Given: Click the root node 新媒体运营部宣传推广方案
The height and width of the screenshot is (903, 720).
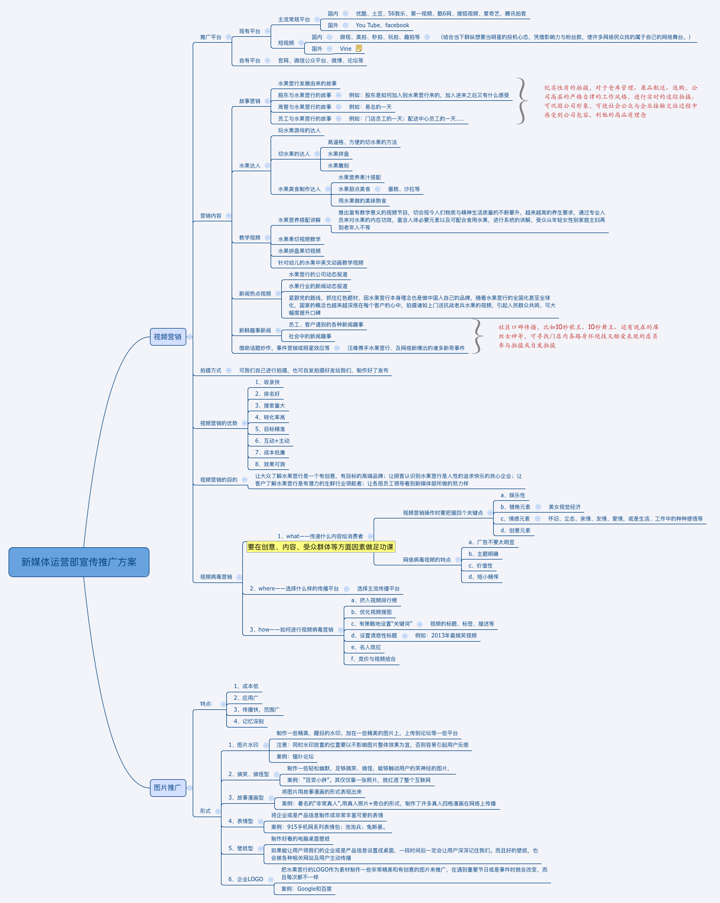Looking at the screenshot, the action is point(79,562).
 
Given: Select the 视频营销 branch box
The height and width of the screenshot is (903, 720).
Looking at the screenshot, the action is point(168,337).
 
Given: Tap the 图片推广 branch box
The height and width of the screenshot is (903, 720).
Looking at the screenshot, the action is point(168,787).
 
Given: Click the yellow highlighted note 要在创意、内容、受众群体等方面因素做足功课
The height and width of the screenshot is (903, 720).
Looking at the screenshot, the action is point(321,547).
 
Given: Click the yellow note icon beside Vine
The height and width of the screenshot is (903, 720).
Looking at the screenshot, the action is point(359,49).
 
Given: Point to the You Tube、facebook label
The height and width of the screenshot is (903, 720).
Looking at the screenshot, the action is point(382,25).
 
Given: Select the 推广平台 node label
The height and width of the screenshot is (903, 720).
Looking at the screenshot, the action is point(211,37).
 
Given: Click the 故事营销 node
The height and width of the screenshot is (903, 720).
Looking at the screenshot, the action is point(250,101).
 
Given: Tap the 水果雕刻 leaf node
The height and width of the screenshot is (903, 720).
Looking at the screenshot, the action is point(338,166).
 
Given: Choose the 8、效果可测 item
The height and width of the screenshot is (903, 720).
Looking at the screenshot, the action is point(270,465).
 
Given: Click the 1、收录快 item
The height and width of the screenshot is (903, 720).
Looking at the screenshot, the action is point(267,382).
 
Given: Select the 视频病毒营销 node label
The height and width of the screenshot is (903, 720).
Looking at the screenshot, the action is point(216,577).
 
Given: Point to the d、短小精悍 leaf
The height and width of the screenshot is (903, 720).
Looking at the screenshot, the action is point(484,577).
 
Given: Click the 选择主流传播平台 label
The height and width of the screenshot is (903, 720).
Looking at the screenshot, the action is point(378,589).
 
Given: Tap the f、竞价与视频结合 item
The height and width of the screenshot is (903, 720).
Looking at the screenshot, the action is point(374,659).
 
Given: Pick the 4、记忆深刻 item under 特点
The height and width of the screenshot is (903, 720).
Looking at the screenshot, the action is point(249,722).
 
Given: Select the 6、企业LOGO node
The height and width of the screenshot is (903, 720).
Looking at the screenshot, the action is point(246,879).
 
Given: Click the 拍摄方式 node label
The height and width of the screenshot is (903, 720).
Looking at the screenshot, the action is point(211,371).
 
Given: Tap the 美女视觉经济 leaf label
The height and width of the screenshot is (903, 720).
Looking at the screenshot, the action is point(565,507).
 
